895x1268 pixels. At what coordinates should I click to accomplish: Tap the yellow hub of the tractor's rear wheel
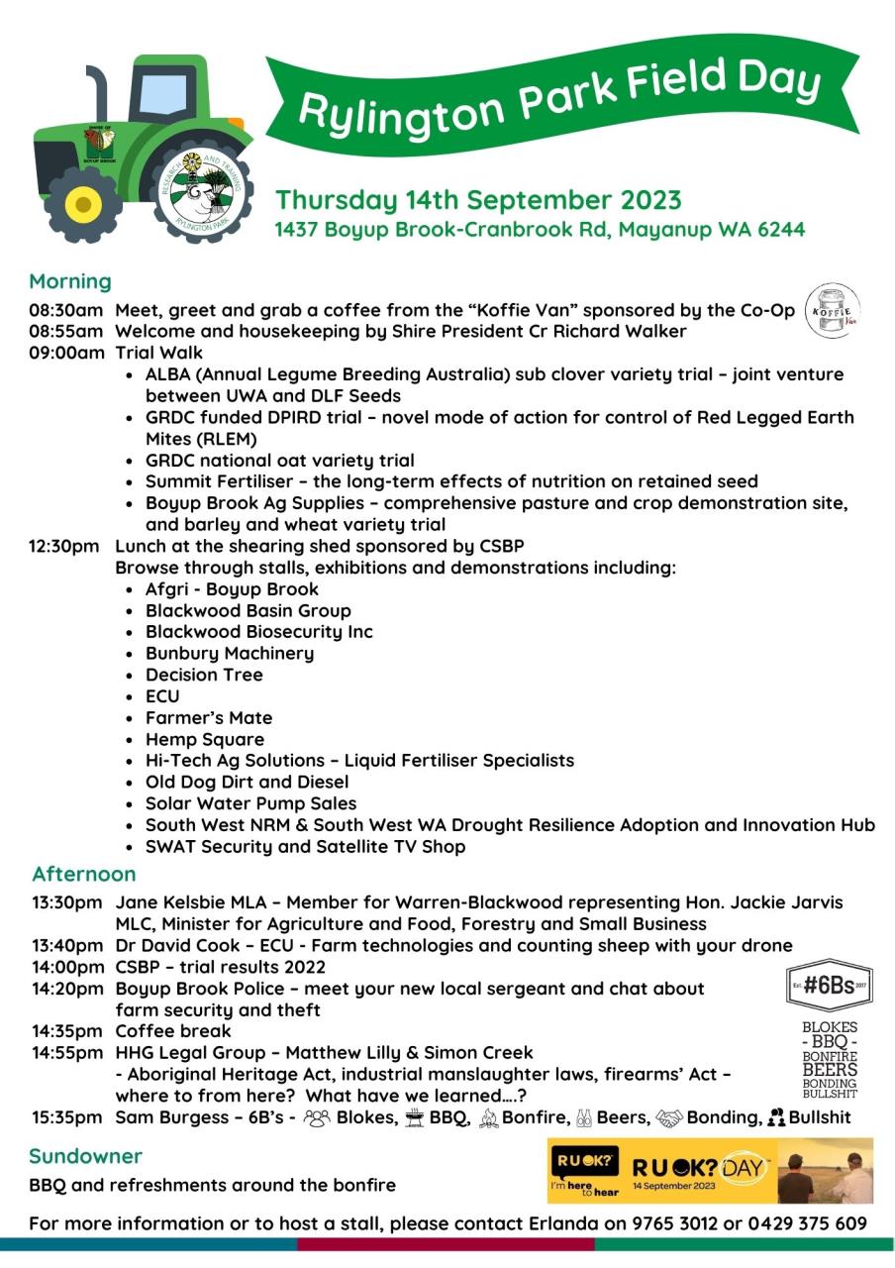point(82,206)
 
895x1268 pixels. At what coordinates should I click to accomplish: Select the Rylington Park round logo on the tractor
point(201,185)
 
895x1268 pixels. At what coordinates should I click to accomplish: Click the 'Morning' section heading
point(69,281)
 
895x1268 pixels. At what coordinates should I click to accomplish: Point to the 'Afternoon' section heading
point(83,874)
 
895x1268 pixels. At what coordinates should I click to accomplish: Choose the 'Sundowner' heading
point(85,1156)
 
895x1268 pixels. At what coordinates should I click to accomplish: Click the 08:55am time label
point(65,331)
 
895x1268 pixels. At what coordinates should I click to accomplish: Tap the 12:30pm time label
point(65,546)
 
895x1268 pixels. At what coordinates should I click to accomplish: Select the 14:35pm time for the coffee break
point(66,1030)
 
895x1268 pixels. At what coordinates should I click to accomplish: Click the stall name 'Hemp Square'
point(205,739)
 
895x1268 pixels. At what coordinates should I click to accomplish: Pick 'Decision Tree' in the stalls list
point(204,675)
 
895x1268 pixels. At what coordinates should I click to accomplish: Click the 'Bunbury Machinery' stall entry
point(230,653)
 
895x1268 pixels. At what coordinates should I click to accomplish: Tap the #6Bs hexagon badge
point(829,985)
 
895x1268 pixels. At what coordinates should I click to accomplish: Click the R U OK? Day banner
point(710,1170)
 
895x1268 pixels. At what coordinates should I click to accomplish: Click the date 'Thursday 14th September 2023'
point(478,200)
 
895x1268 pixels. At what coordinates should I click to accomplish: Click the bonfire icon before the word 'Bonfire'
point(487,1117)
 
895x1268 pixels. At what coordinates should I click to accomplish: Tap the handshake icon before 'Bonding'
point(669,1117)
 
